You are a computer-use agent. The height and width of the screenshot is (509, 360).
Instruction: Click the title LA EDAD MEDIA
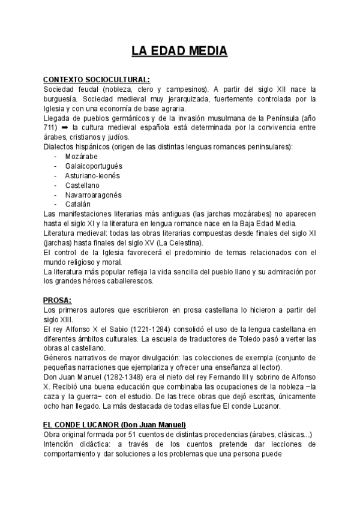pyautogui.click(x=180, y=52)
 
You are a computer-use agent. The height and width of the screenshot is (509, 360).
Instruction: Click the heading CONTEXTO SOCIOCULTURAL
pyautogui.click(x=97, y=79)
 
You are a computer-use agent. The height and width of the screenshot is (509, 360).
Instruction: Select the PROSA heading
pyautogui.click(x=58, y=300)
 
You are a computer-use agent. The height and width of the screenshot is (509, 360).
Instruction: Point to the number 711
pyautogui.click(x=49, y=128)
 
